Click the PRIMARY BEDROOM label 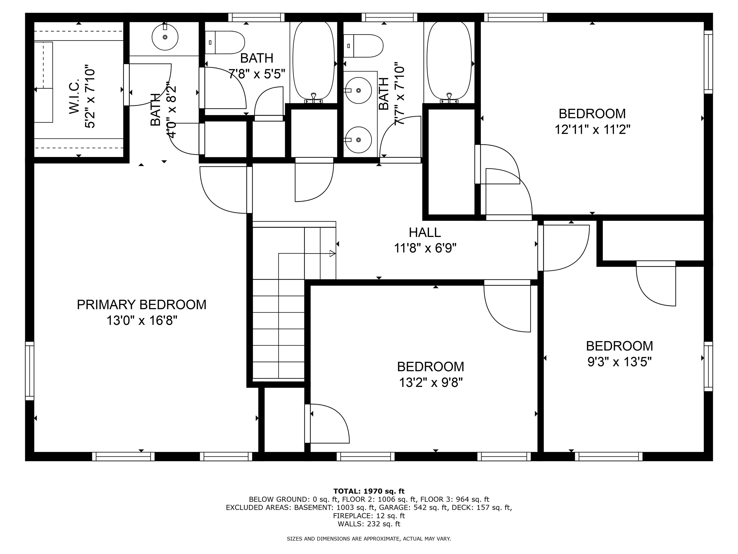pyautogui.click(x=141, y=305)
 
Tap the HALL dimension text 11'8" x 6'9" pyautogui.click(x=425, y=248)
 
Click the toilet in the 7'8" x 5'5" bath pyautogui.click(x=225, y=42)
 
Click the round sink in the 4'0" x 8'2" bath pyautogui.click(x=165, y=37)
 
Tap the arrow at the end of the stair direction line pyautogui.click(x=332, y=253)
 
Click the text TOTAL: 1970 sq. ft pyautogui.click(x=369, y=491)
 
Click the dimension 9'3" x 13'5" pyautogui.click(x=619, y=362)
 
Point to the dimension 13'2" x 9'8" pyautogui.click(x=430, y=382)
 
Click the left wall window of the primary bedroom pyautogui.click(x=30, y=371)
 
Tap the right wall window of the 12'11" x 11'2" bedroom pyautogui.click(x=708, y=62)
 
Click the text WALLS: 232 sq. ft pyautogui.click(x=369, y=524)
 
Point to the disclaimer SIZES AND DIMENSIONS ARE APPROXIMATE pyautogui.click(x=369, y=539)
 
